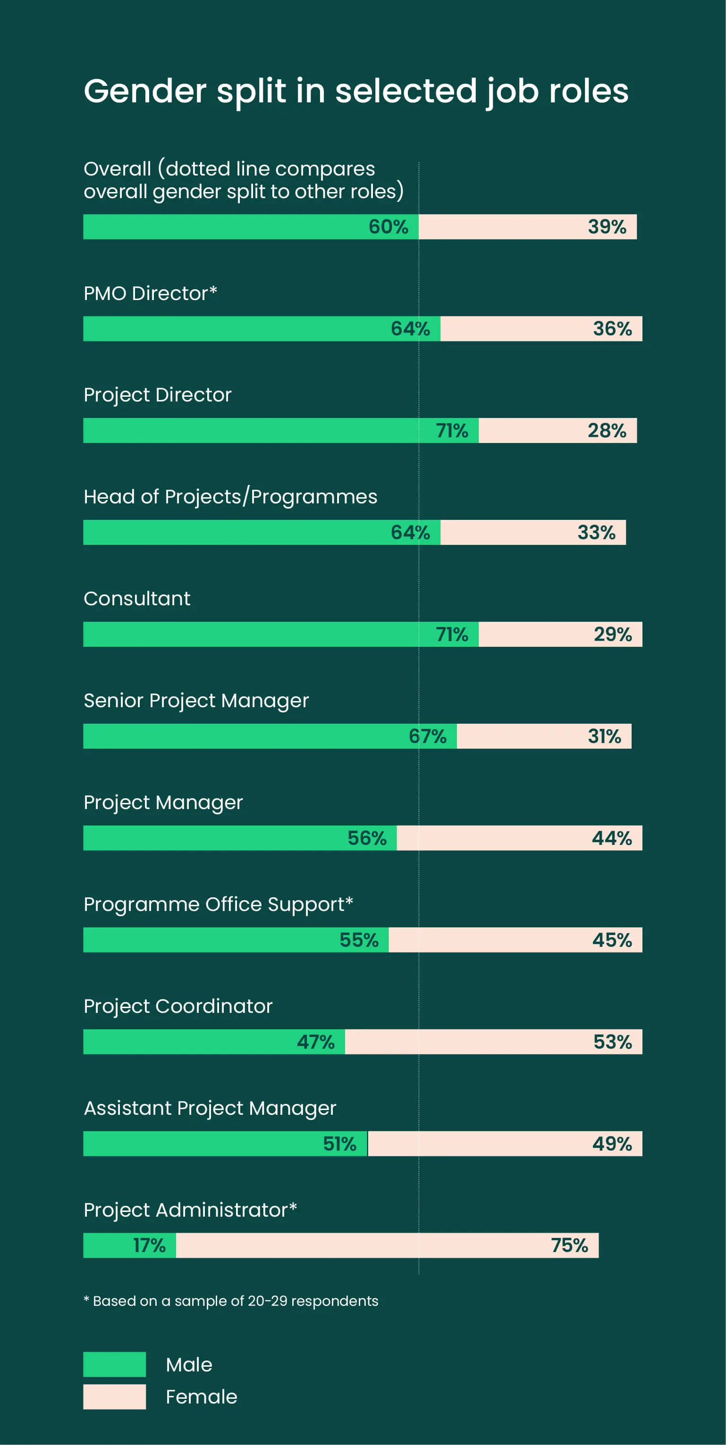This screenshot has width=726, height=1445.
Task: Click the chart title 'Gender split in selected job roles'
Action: [356, 91]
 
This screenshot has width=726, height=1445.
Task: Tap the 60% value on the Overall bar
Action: [388, 226]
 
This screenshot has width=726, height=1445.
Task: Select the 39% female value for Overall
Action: [607, 226]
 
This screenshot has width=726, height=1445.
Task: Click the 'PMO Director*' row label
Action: [150, 293]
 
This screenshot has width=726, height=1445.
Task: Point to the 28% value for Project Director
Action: [607, 430]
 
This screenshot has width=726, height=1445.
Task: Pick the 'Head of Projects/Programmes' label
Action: [230, 496]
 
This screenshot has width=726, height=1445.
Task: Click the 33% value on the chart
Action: [596, 532]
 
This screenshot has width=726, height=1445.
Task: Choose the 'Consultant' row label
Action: [137, 599]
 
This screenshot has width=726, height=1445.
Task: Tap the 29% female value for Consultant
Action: [613, 635]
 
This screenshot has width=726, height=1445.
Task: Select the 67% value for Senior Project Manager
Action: [427, 736]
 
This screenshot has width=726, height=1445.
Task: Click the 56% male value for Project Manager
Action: [367, 838]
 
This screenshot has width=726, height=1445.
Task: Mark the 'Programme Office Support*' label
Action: [218, 904]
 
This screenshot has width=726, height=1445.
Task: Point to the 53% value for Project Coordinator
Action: [613, 1042]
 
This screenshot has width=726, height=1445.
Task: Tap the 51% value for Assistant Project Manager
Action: [339, 1144]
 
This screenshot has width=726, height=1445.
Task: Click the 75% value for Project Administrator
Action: [569, 1245]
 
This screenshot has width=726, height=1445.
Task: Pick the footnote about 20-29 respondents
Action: [231, 1301]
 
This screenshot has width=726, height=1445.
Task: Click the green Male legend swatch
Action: [115, 1364]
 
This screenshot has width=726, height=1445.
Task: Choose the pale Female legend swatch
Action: [115, 1396]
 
